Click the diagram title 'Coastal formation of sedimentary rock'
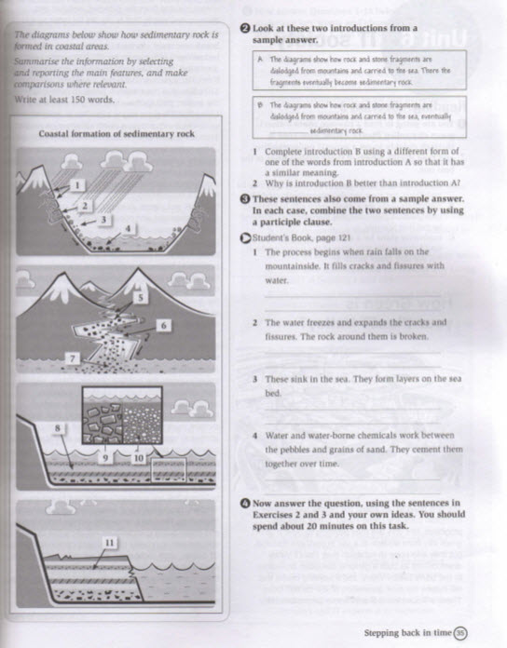(118, 134)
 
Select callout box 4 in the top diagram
(130, 227)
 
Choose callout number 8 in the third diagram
(58, 428)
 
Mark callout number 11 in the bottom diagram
(108, 542)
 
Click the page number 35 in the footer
(459, 634)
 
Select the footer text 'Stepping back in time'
(406, 634)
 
